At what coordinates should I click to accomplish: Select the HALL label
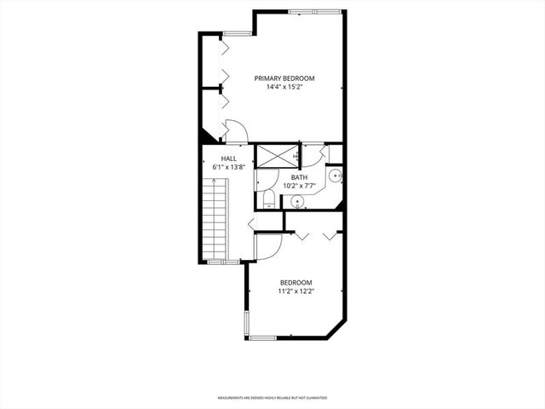228,158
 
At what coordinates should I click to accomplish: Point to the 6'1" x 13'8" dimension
228,167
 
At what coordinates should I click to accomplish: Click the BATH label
300,177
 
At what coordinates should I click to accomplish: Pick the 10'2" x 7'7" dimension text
300,186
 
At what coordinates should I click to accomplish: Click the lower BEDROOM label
296,282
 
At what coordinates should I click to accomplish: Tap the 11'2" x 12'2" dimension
296,291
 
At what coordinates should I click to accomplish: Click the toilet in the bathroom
268,201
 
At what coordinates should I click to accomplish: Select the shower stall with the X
277,155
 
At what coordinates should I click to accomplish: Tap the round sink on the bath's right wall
336,177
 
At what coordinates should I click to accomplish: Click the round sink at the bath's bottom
297,202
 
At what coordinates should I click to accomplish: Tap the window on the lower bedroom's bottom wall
261,338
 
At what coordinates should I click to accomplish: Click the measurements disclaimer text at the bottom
272,397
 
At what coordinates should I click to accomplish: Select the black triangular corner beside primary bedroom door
206,135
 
